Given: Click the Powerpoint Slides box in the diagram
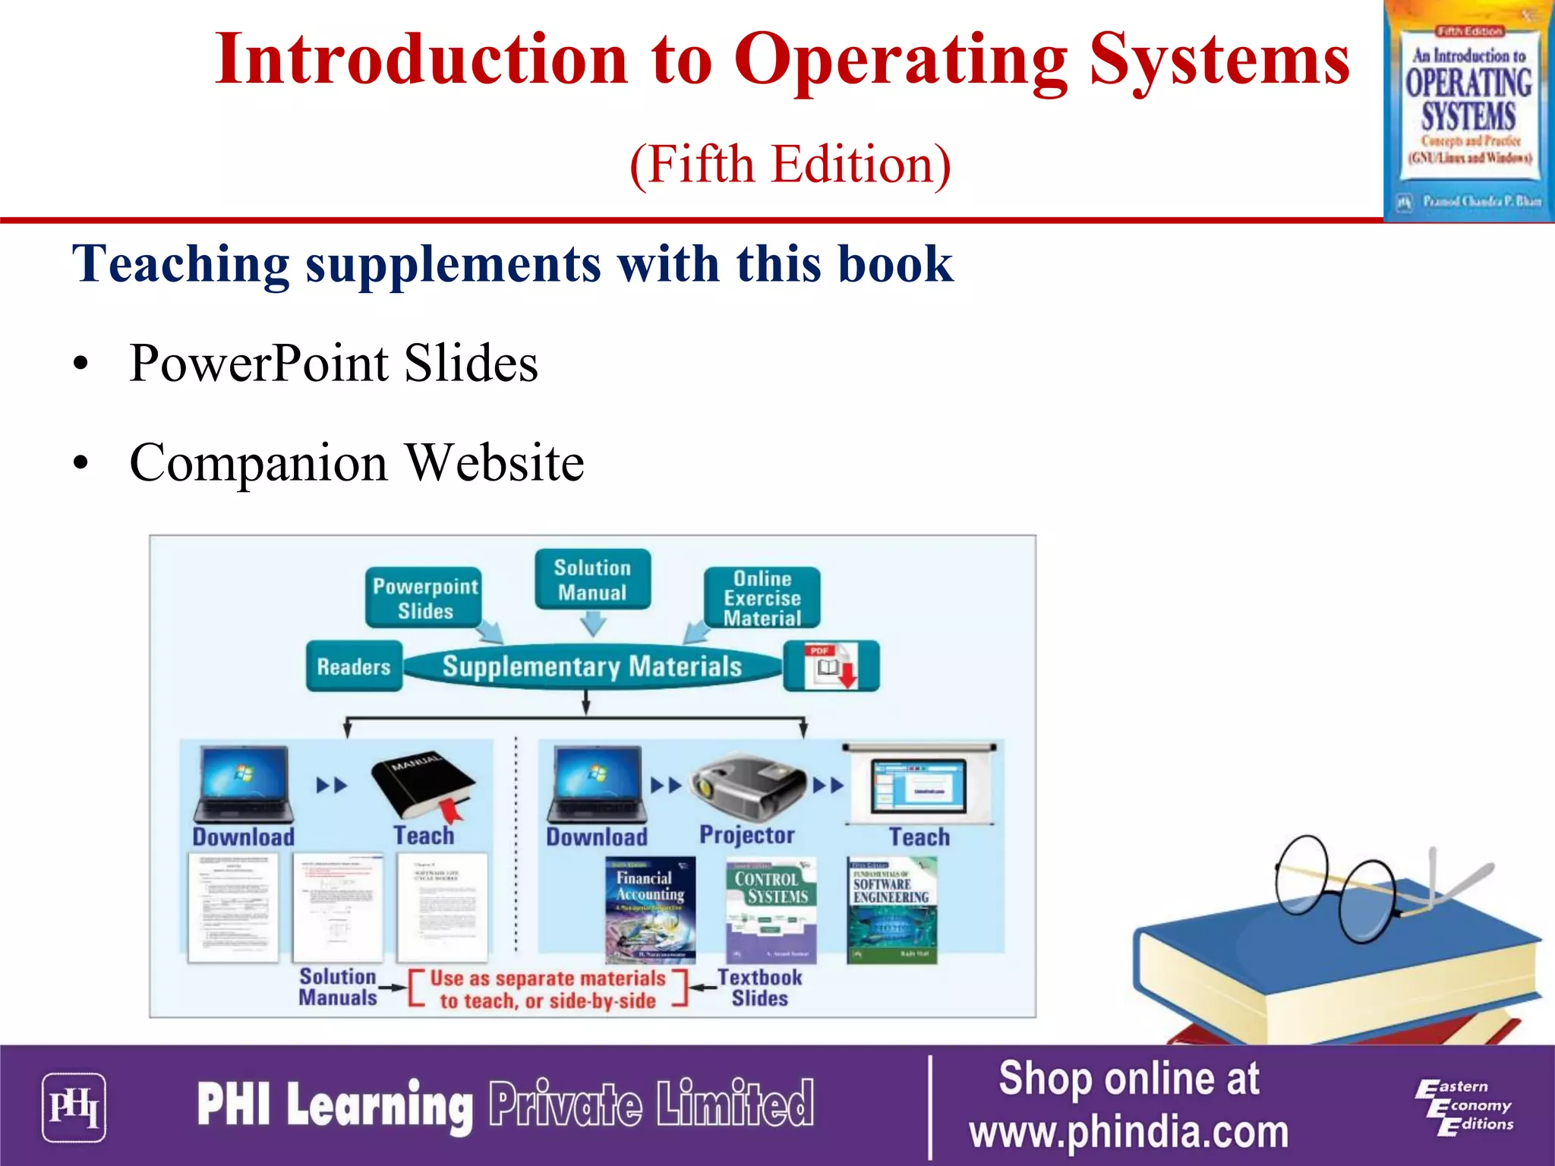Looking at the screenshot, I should click(424, 597).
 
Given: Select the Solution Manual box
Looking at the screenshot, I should click(592, 579).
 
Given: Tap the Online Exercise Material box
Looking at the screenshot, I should click(762, 598).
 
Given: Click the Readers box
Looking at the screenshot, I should click(354, 667).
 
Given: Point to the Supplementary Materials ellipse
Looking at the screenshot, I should click(592, 667).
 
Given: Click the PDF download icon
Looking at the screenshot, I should click(831, 666).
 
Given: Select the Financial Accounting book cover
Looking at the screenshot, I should click(650, 909).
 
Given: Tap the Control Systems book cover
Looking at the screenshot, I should click(771, 909).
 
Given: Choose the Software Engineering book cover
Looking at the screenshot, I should click(891, 909).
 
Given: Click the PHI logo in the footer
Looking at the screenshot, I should click(74, 1107).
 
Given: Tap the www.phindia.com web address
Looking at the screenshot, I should click(1128, 1132).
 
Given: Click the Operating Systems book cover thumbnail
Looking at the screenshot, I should click(1468, 111).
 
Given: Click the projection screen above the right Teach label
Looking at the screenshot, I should click(919, 785).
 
